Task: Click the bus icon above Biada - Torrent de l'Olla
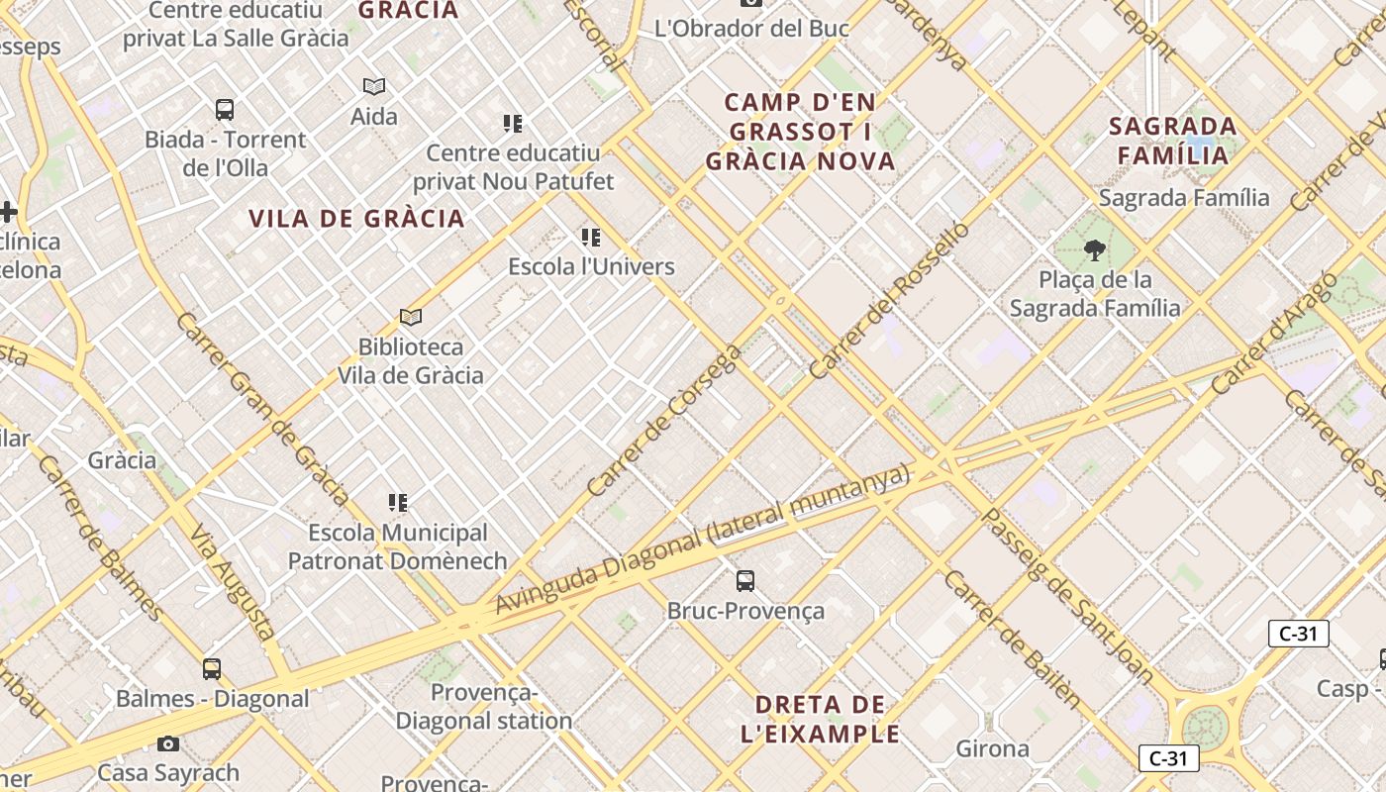[225, 110]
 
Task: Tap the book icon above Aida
[373, 87]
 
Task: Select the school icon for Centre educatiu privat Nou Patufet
[512, 124]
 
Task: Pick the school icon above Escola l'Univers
[591, 238]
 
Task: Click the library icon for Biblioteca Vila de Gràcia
[411, 318]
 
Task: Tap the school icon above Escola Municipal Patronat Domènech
[398, 503]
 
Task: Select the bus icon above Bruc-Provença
[745, 581]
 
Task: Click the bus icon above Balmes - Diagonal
[212, 669]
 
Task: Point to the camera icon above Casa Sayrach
[168, 743]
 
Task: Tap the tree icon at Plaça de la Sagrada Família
[1095, 249]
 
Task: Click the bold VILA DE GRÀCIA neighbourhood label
[356, 219]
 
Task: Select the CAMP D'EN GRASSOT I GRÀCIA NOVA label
[800, 132]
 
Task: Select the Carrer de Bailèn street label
[1011, 639]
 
